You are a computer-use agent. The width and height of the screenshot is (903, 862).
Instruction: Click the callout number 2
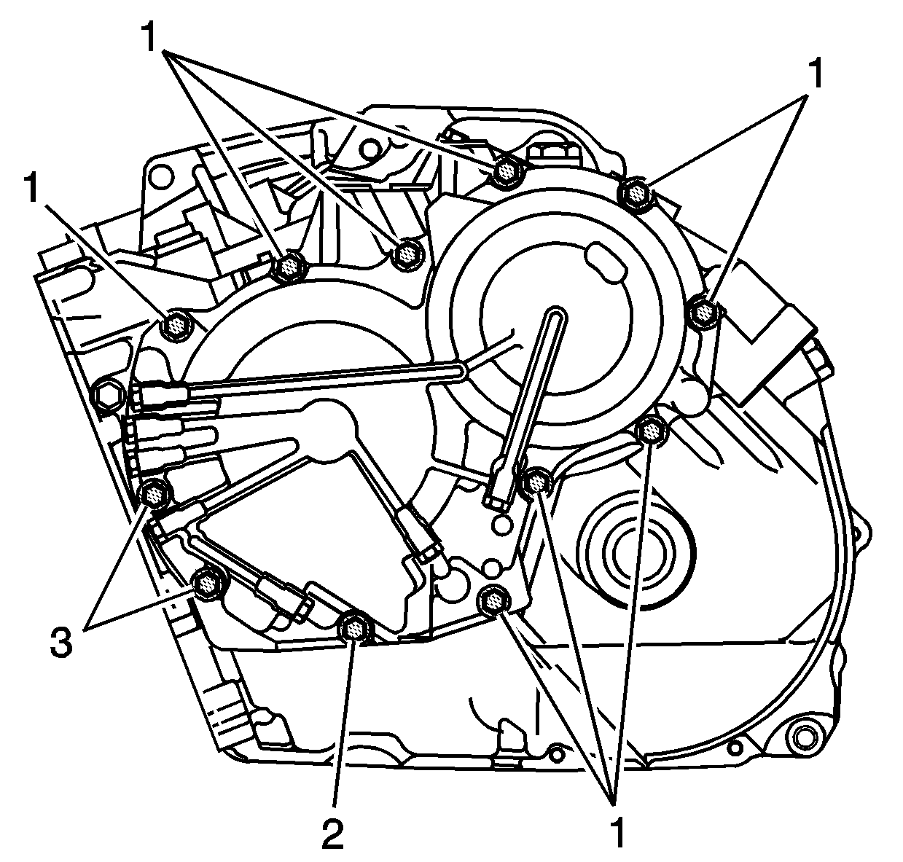333,834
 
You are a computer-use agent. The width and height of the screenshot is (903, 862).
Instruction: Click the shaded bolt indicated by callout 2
355,629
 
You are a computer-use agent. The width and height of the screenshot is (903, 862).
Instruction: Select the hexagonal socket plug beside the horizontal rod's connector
109,394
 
